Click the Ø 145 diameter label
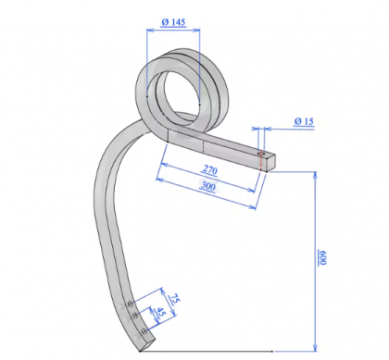[172, 21]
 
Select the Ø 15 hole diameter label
[304, 121]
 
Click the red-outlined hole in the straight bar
[262, 154]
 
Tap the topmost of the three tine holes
[132, 302]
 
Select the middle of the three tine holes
[135, 316]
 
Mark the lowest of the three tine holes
[140, 329]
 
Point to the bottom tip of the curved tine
[141, 347]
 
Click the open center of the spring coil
[177, 90]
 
